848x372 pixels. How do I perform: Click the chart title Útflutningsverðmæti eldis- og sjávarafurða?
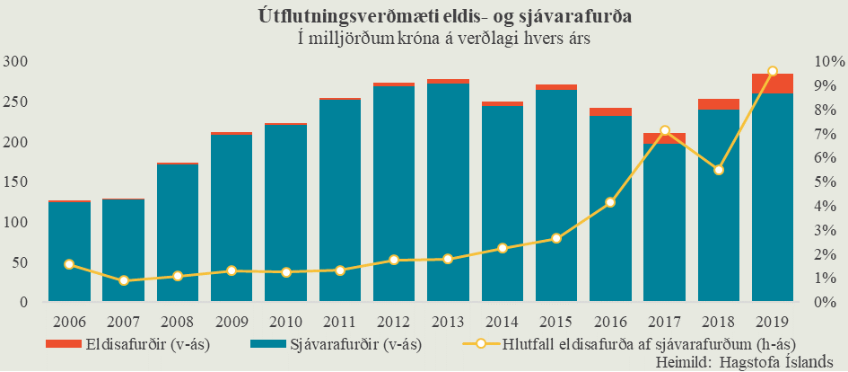pyautogui.click(x=424, y=15)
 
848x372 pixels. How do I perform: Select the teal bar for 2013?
pyautogui.click(x=448, y=193)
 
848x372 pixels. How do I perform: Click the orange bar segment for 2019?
pyautogui.click(x=773, y=84)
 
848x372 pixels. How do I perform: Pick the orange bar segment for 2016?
pyautogui.click(x=610, y=112)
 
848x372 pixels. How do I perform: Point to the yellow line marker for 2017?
pyautogui.click(x=665, y=131)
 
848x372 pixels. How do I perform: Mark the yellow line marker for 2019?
pyautogui.click(x=773, y=71)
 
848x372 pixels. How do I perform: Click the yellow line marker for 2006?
pyautogui.click(x=69, y=264)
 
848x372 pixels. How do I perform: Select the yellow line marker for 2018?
pyautogui.click(x=719, y=170)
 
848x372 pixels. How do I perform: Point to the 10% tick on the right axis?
pyautogui.click(x=825, y=62)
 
